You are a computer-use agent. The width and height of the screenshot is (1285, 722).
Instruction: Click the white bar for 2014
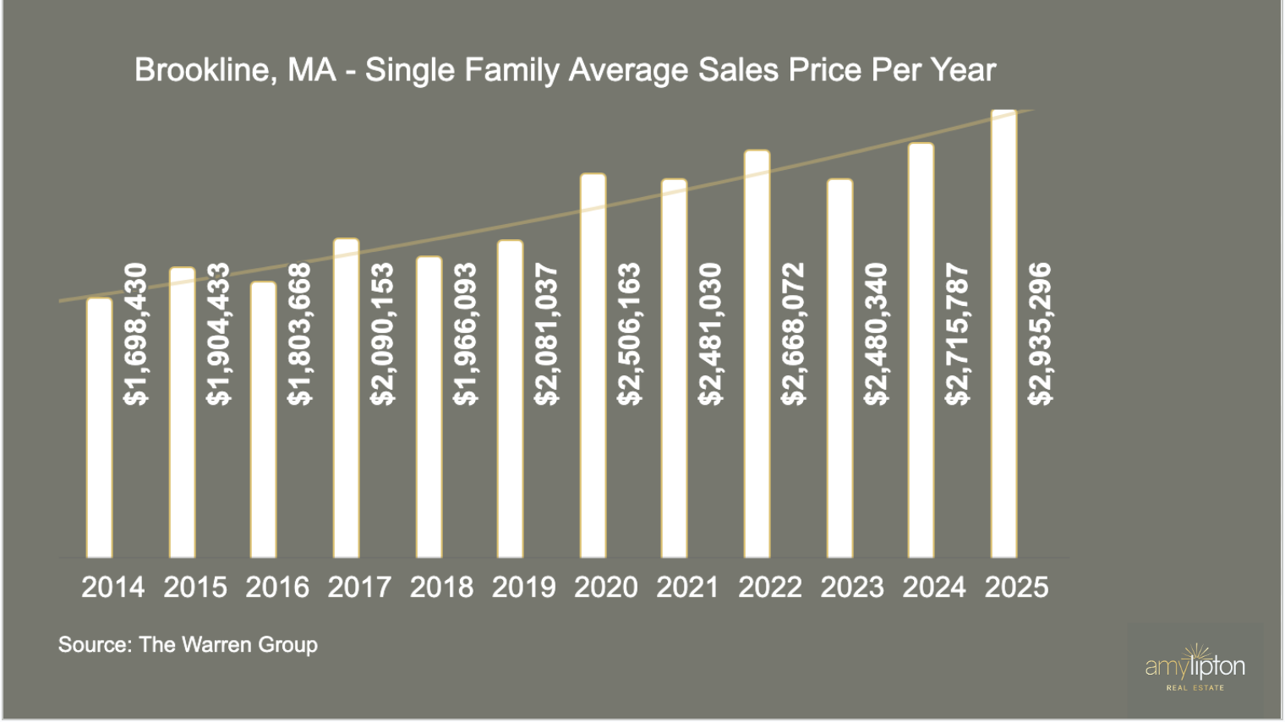[x=99, y=428]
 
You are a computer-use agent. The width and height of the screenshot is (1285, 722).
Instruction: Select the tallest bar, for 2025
[x=1003, y=334]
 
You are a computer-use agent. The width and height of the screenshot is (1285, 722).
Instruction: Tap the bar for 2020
[x=593, y=366]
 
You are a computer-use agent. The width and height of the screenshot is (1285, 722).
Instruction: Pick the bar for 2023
[x=839, y=369]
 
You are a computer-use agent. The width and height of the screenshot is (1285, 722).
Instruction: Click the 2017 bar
[x=347, y=398]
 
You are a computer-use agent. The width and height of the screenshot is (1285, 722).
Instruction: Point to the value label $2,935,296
[x=1040, y=334]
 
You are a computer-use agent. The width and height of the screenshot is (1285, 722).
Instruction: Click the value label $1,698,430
[x=135, y=334]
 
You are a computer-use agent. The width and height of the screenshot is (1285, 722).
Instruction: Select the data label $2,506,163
[x=629, y=334]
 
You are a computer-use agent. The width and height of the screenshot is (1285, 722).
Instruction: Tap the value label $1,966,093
[x=465, y=334]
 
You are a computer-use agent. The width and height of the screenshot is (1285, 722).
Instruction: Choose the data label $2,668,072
[x=793, y=334]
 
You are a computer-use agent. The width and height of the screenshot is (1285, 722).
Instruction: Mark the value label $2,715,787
[x=958, y=334]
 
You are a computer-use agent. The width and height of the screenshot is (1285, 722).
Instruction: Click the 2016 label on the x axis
[x=277, y=587]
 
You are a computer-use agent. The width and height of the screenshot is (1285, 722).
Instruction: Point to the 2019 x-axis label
[x=523, y=587]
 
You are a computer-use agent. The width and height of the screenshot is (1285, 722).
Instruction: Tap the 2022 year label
[x=769, y=587]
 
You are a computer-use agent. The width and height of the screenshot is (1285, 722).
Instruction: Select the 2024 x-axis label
[x=933, y=587]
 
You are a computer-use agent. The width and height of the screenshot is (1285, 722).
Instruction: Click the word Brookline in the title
[x=202, y=69]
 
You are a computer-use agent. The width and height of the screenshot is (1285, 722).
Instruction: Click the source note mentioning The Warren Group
[x=188, y=644]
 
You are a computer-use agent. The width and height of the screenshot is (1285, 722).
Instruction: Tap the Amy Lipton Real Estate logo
[x=1195, y=669]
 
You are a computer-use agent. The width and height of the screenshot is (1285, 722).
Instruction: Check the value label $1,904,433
[x=218, y=334]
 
